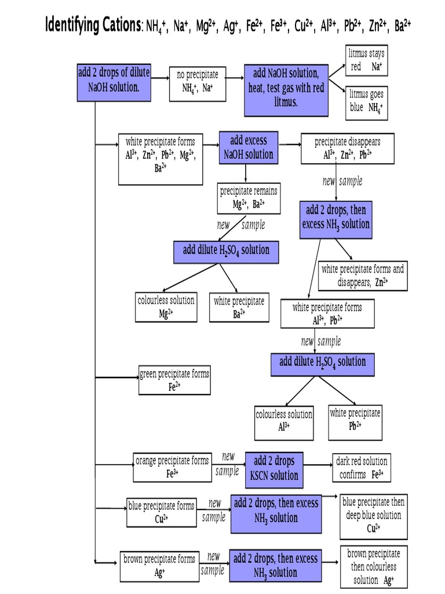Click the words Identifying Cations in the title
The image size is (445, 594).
coord(93,26)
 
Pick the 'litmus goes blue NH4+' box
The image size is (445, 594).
coord(366,101)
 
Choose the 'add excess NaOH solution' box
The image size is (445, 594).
coord(248,147)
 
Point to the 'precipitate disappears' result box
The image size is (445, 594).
coord(348,148)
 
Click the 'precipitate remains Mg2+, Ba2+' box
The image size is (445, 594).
coord(249,198)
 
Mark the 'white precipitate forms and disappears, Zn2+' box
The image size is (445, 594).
coord(363,276)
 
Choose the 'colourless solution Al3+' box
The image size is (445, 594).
coord(284,422)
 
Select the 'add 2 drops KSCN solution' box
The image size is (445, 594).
coord(274,468)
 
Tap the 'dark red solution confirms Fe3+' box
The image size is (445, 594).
coord(362,468)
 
